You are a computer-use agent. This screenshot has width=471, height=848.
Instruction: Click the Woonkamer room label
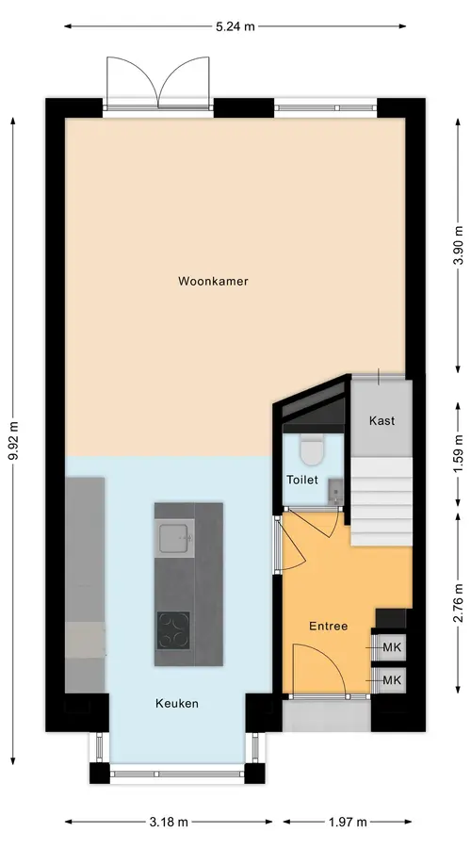click(x=213, y=281)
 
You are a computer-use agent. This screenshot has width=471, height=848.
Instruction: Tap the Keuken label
click(x=177, y=704)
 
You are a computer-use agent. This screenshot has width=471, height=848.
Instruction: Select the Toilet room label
click(x=302, y=480)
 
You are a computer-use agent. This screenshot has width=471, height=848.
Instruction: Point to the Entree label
click(x=328, y=627)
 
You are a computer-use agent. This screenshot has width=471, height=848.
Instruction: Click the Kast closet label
click(x=382, y=420)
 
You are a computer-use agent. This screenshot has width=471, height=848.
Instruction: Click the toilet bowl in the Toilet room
click(x=311, y=451)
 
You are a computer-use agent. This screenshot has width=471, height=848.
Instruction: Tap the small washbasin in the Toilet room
click(x=335, y=489)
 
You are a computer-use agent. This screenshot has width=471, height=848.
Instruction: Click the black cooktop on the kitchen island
click(x=173, y=630)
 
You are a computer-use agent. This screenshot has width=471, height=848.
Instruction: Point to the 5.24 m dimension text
click(x=235, y=26)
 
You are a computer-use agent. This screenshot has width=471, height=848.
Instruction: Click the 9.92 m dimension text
click(x=13, y=440)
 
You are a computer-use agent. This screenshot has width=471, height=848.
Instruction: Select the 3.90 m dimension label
click(x=459, y=245)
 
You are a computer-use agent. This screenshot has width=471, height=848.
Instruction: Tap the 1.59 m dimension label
click(x=459, y=453)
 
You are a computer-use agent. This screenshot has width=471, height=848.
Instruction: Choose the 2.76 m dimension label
click(x=459, y=603)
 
